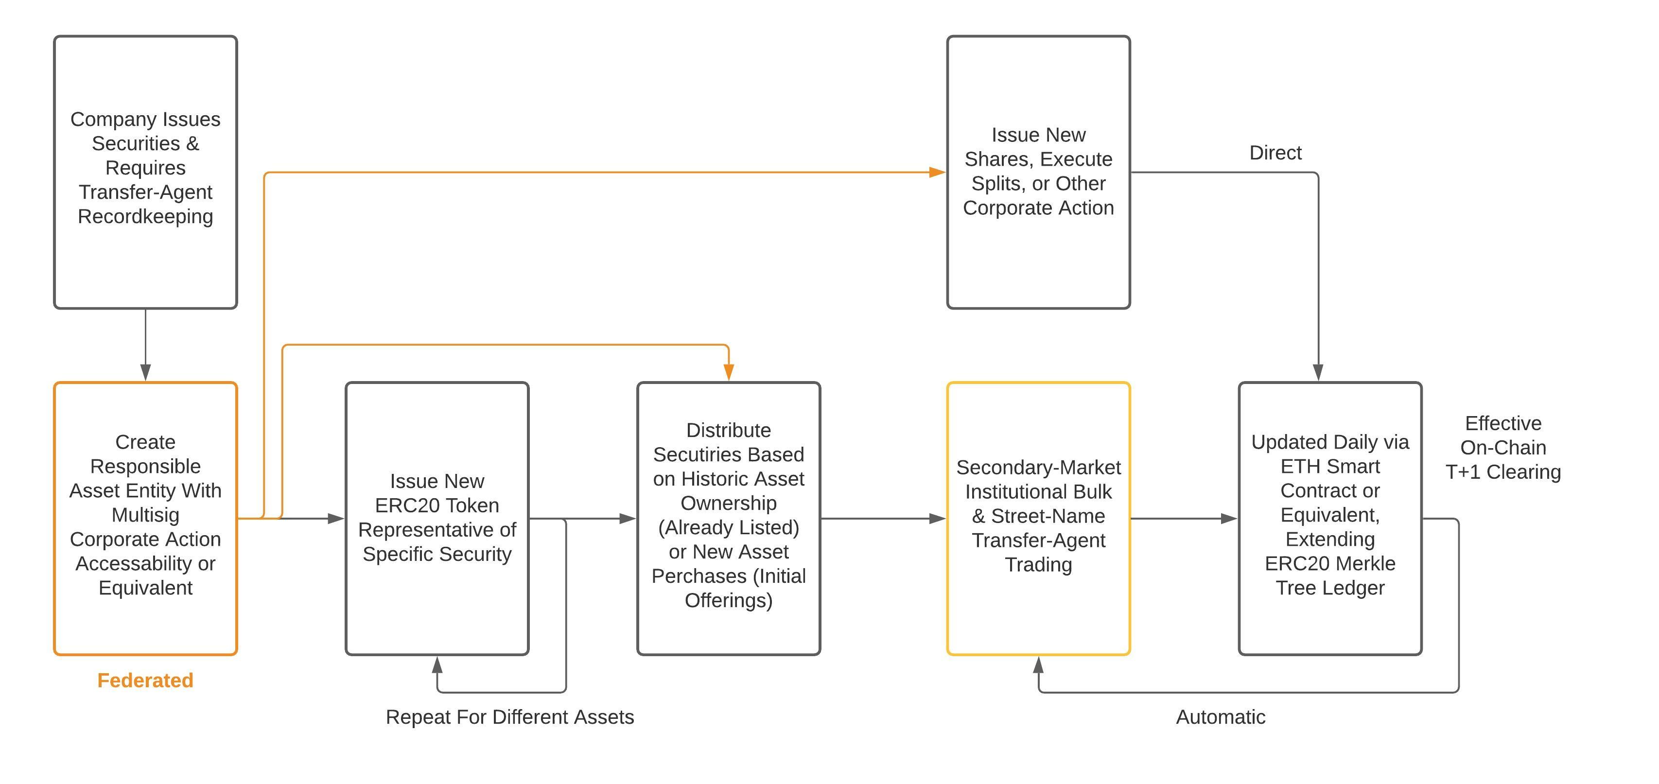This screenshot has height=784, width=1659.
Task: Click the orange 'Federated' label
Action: (145, 680)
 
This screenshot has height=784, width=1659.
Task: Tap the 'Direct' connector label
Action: (1275, 153)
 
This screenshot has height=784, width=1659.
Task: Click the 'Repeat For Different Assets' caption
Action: (509, 717)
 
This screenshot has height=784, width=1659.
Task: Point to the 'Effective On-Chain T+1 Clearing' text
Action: (1502, 448)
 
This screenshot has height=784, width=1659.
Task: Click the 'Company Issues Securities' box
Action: (145, 172)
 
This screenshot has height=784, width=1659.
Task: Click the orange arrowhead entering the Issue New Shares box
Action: (937, 172)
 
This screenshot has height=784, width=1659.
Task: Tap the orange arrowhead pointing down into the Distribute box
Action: (728, 372)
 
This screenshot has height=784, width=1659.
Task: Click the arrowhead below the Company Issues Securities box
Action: (145, 372)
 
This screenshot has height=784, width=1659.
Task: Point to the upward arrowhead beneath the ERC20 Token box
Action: (437, 665)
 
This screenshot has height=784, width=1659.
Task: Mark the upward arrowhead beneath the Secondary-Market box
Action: (1038, 665)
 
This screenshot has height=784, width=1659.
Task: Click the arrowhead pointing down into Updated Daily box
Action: (1318, 372)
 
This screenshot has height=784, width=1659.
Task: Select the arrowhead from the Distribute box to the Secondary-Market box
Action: (937, 518)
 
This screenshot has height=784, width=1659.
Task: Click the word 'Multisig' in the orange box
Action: (145, 515)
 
